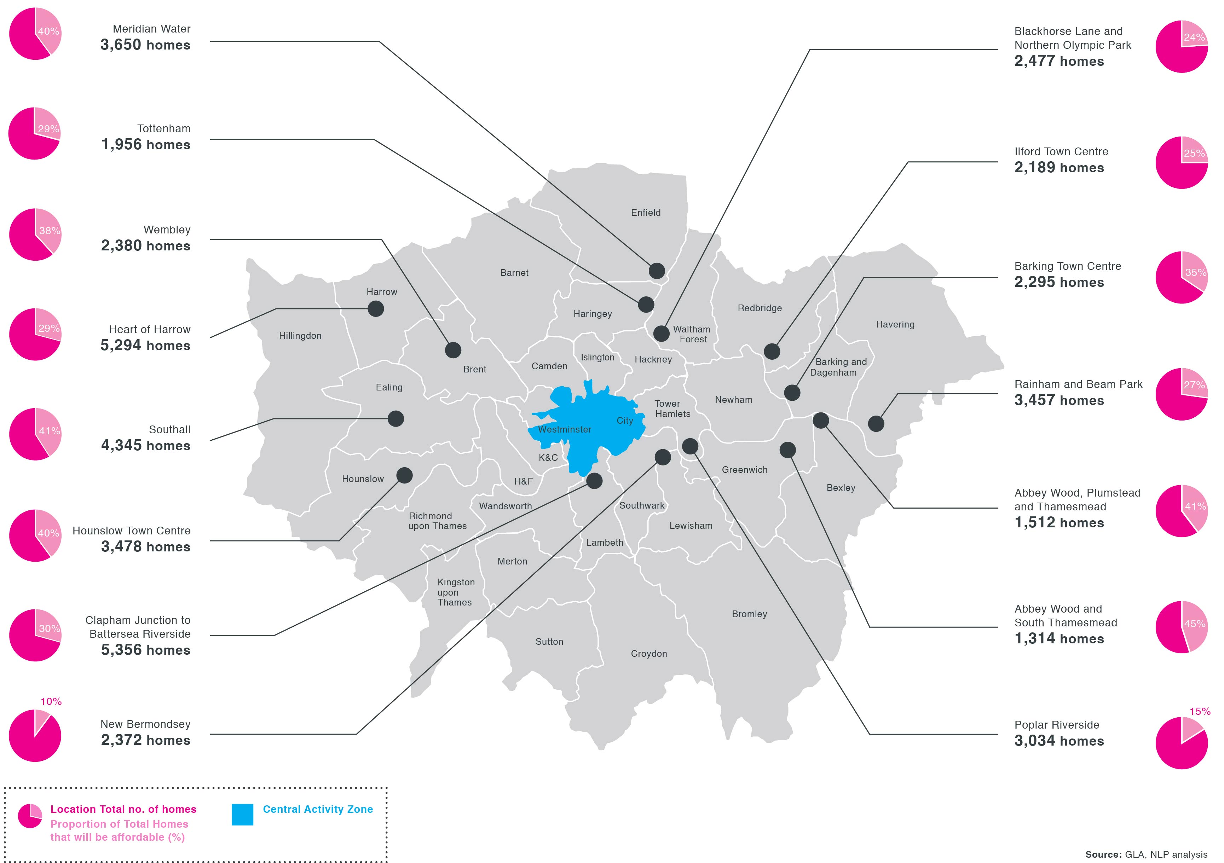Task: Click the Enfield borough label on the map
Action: pyautogui.click(x=646, y=213)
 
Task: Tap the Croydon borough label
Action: pyautogui.click(x=649, y=654)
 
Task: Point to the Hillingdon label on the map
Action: pyautogui.click(x=300, y=336)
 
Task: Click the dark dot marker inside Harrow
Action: pyautogui.click(x=376, y=309)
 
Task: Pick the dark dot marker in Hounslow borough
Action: pyautogui.click(x=405, y=475)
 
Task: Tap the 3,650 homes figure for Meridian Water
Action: pyautogui.click(x=145, y=45)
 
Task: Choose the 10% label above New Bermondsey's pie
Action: pyautogui.click(x=51, y=701)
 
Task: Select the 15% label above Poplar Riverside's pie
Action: pyautogui.click(x=1200, y=712)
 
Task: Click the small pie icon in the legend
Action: pyautogui.click(x=30, y=816)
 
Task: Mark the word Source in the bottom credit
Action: pyautogui.click(x=1103, y=855)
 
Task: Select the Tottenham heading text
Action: pyautogui.click(x=164, y=128)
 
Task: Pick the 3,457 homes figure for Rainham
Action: pyautogui.click(x=1059, y=400)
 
